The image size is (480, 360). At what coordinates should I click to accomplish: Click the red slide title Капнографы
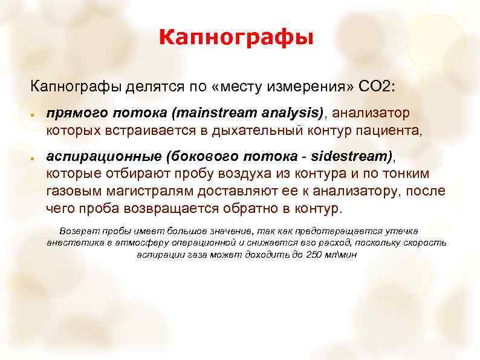coord(237,38)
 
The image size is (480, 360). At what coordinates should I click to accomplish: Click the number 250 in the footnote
coord(314,254)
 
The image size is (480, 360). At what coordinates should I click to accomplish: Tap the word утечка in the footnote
coord(401,231)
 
